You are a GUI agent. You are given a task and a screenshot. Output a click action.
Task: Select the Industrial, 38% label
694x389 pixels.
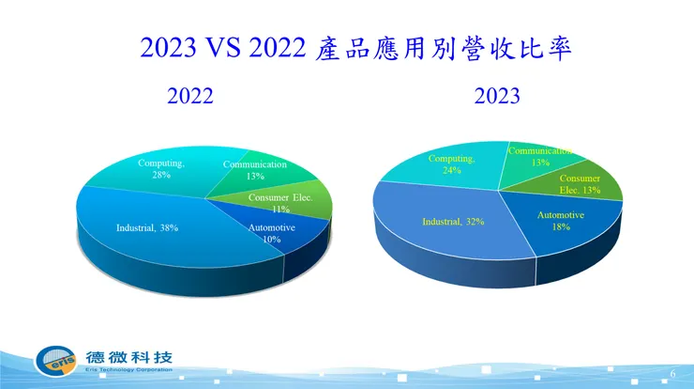147,227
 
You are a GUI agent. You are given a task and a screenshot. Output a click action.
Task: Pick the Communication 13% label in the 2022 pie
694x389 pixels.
254,170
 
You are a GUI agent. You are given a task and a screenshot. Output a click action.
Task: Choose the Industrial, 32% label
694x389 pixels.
454,222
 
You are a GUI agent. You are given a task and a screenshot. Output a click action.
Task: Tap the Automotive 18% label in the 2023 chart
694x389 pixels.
561,221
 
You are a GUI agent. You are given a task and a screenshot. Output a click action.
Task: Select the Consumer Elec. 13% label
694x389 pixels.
580,184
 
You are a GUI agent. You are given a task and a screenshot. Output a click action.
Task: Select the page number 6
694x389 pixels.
672,373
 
